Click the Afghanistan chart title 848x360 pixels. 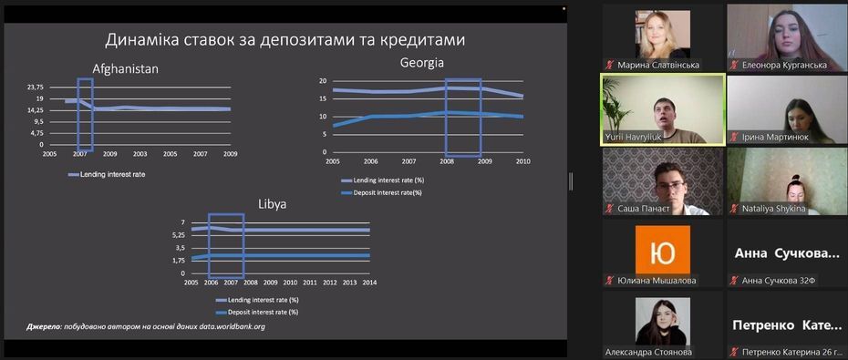125,69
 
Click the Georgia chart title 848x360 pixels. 422,63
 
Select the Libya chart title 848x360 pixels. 272,205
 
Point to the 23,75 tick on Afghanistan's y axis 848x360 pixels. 35,87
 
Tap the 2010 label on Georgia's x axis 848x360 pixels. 523,161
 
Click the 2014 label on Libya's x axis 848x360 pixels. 369,283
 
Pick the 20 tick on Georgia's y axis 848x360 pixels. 324,81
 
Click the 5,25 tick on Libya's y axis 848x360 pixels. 178,235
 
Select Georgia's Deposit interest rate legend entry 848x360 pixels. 381,192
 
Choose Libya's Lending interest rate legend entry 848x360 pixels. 257,300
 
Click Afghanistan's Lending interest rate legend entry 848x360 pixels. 107,175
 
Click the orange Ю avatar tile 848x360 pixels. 663,250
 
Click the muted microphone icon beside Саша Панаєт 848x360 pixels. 609,209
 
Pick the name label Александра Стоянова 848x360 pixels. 648,352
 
